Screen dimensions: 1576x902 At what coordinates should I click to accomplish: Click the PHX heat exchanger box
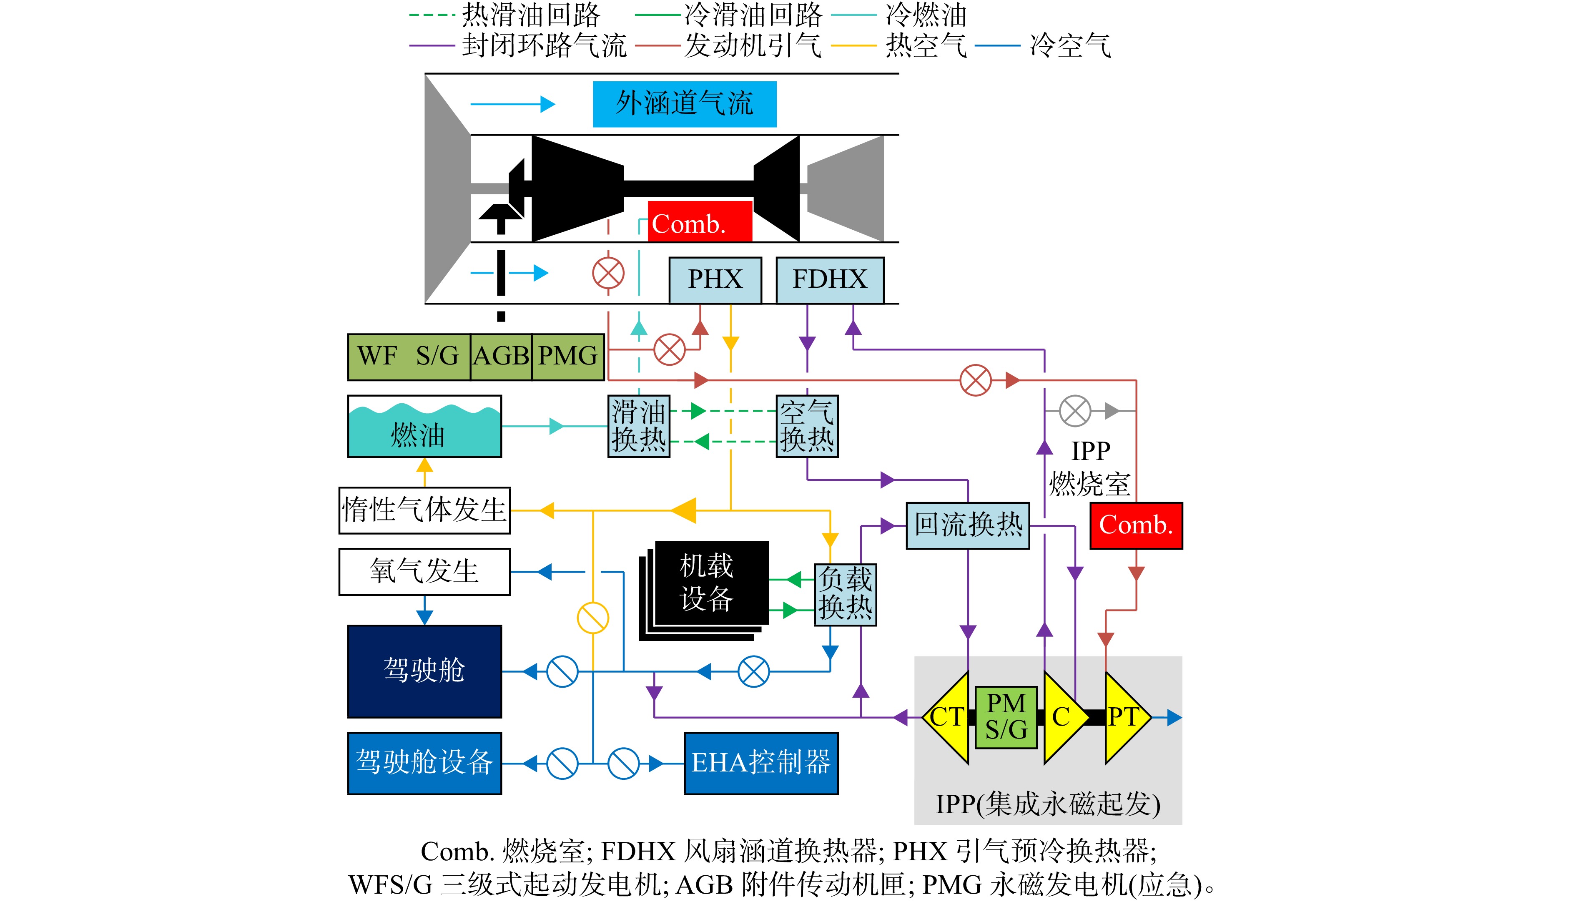tap(715, 280)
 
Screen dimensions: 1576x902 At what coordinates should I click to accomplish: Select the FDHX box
tap(830, 280)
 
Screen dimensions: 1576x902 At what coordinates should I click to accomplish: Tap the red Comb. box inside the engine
tap(700, 221)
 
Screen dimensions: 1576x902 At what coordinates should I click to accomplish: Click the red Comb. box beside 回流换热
tap(1136, 525)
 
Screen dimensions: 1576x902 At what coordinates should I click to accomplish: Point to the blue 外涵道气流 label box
tap(684, 104)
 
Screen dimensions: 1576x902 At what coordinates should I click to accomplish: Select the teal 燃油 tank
tap(424, 426)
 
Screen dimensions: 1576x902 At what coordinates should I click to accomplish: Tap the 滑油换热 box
tap(638, 426)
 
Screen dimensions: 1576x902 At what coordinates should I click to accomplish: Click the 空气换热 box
tap(807, 426)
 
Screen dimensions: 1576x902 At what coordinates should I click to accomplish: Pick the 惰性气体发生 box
tap(424, 510)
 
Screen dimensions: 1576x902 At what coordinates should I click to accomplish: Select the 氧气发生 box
tap(424, 572)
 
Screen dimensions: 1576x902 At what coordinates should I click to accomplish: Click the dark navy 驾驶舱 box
tap(424, 671)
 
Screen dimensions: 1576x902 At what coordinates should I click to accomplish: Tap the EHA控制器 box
tap(761, 763)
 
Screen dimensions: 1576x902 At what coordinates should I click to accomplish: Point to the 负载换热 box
tap(845, 595)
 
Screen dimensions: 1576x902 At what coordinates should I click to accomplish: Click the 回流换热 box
tap(968, 525)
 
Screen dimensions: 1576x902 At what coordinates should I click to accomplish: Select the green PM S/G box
tap(1006, 717)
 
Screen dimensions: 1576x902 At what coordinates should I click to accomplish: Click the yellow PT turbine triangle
tap(1124, 717)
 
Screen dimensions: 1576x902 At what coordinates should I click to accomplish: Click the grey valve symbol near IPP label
tap(1075, 411)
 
